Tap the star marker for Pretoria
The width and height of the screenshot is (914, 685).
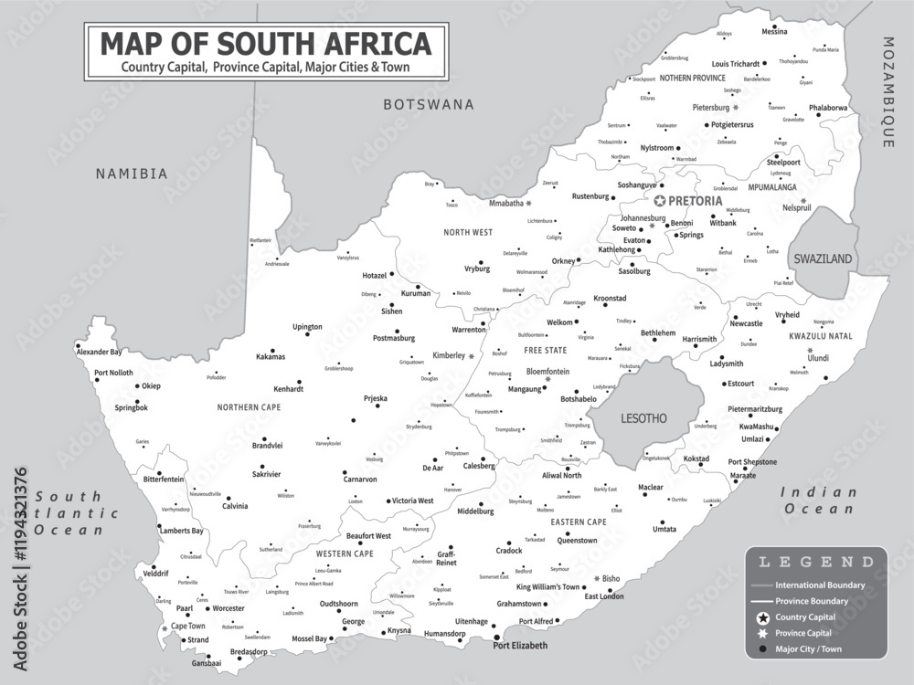pyautogui.click(x=659, y=200)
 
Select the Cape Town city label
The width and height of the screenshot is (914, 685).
pyautogui.click(x=189, y=627)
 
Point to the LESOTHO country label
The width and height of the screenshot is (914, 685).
pyautogui.click(x=644, y=418)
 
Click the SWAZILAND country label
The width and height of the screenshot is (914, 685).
pyautogui.click(x=823, y=259)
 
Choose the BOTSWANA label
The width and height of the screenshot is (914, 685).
pyautogui.click(x=429, y=105)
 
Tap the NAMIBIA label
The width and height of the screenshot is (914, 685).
pyautogui.click(x=133, y=174)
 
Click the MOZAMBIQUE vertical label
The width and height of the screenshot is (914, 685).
pyautogui.click(x=887, y=91)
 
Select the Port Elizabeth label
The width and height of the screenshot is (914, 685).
pyautogui.click(x=520, y=646)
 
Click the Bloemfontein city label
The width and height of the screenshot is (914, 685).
pyautogui.click(x=547, y=372)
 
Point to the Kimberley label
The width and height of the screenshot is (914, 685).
pyautogui.click(x=448, y=354)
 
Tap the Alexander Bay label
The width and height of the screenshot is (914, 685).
pyautogui.click(x=99, y=352)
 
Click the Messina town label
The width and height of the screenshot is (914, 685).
pyautogui.click(x=774, y=32)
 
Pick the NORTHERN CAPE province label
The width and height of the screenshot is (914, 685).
pyautogui.click(x=249, y=407)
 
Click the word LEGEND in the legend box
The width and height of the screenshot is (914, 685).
pyautogui.click(x=816, y=562)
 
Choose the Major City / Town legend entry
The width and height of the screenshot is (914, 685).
pyautogui.click(x=808, y=649)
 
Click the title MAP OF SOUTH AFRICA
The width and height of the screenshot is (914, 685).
pyautogui.click(x=265, y=43)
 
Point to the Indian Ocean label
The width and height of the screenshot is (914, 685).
pyautogui.click(x=819, y=501)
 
